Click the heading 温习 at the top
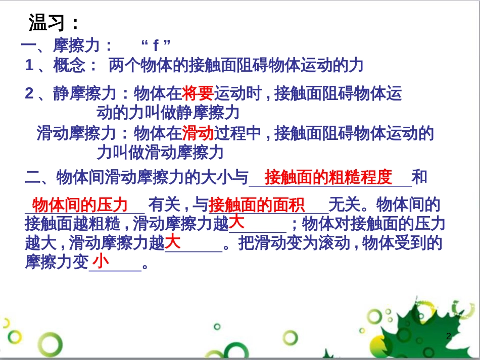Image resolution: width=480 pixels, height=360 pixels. (x=53, y=23)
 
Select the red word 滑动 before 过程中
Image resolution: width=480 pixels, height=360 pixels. (x=198, y=134)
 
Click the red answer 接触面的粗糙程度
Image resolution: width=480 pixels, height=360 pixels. (x=328, y=177)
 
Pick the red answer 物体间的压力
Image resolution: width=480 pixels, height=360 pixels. (x=80, y=205)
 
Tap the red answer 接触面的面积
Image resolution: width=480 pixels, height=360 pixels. (x=257, y=205)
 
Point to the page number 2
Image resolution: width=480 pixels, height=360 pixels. (x=449, y=336)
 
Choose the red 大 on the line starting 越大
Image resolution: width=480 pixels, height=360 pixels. (x=173, y=241)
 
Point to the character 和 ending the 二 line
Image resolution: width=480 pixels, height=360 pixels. (x=419, y=177)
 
